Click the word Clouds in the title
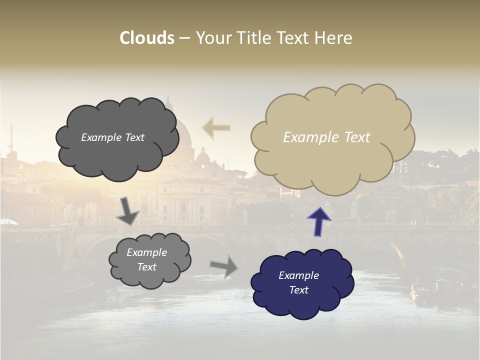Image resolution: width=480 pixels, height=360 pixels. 147,38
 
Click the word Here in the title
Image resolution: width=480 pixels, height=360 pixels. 334,38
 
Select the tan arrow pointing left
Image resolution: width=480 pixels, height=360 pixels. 216,128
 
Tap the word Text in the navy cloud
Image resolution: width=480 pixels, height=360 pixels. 299,290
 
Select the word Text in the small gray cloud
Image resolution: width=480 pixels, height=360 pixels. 147,267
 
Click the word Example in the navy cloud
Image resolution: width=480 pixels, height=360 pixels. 298,275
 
